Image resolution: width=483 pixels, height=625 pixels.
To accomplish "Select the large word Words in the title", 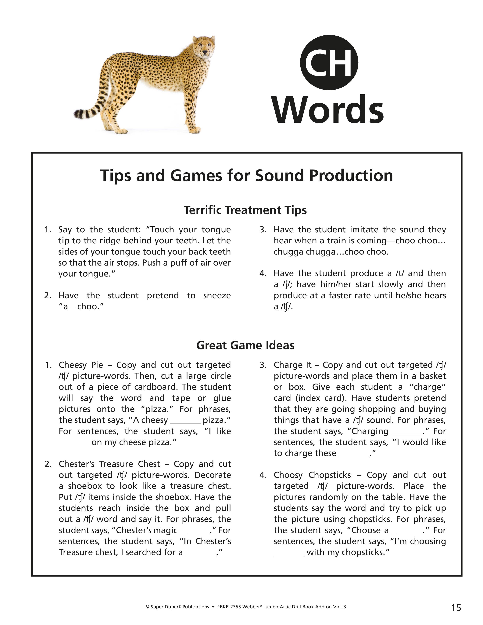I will (x=328, y=110).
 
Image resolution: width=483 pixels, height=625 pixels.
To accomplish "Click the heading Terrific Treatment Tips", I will (x=245, y=210).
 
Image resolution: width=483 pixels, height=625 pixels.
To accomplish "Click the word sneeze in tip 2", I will (x=217, y=295).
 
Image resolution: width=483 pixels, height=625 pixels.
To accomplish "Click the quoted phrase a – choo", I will (x=81, y=306).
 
